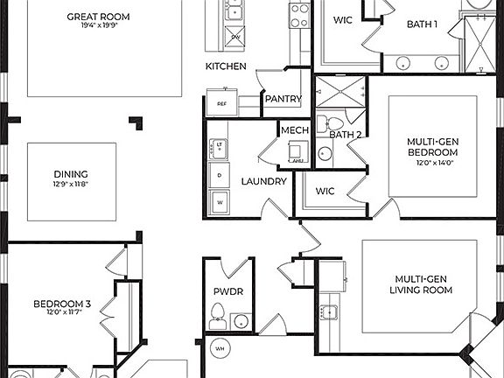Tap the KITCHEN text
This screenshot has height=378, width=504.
226,66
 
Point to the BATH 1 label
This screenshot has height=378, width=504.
422,24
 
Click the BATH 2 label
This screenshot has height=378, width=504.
345,134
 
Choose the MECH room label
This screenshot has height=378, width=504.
293,130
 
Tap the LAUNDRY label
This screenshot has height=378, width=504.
263,181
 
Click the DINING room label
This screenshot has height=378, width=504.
70,173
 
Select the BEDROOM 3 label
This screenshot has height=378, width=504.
62,304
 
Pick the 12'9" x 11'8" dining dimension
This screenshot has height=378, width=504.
70,184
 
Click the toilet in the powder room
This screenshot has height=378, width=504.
219,314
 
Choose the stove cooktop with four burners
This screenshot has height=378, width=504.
300,15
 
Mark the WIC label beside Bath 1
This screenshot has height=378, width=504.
342,20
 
